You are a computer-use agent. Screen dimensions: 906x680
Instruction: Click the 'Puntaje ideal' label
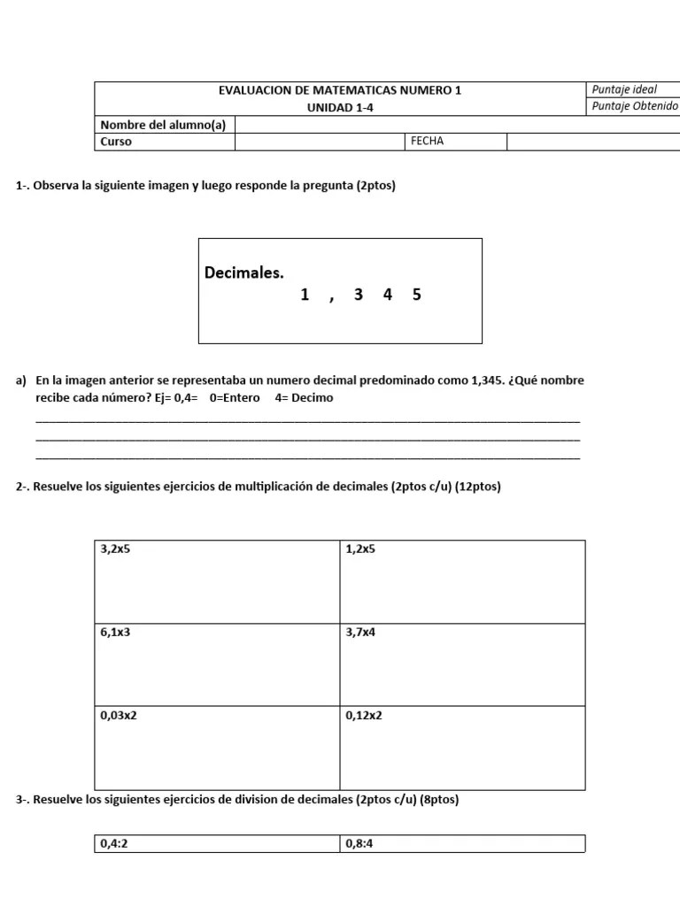(624, 90)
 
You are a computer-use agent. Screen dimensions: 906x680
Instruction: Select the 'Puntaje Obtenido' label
(634, 107)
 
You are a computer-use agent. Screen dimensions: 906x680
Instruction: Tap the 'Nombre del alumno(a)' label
(163, 125)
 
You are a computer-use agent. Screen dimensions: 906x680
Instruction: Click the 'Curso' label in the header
(116, 142)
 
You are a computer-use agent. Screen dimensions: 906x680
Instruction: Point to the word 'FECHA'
(427, 142)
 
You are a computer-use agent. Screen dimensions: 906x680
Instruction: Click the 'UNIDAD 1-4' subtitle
(339, 107)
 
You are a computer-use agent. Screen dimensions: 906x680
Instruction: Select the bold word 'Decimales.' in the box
(244, 273)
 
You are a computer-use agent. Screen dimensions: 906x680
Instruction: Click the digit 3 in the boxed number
(358, 295)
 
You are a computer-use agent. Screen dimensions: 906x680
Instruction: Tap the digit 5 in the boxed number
(416, 295)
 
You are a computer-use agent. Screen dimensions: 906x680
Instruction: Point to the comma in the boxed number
(330, 298)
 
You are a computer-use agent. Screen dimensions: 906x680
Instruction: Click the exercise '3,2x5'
(115, 549)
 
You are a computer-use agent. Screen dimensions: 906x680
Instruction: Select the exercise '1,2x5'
(360, 549)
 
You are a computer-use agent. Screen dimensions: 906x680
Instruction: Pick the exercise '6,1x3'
(115, 633)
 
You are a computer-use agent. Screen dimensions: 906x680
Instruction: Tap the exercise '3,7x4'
(360, 633)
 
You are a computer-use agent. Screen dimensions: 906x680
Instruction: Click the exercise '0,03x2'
(119, 716)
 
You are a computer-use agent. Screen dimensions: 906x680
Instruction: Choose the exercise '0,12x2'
(364, 716)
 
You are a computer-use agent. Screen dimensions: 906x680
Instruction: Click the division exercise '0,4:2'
(114, 844)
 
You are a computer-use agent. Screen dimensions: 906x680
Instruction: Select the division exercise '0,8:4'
(359, 844)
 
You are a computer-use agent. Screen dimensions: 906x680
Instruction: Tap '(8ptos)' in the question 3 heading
(439, 800)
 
